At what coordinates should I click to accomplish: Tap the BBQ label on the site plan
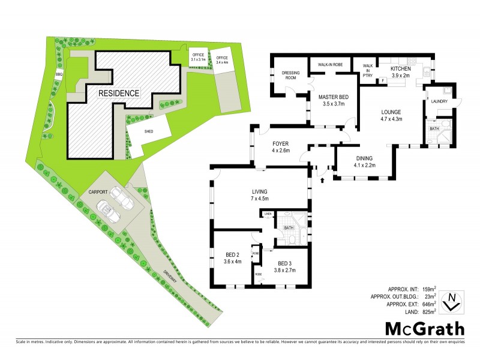[x=59, y=74]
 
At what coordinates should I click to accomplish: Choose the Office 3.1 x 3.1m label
[x=198, y=58]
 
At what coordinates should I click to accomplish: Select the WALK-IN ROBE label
[x=329, y=63]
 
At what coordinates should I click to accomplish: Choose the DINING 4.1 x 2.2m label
[x=364, y=161]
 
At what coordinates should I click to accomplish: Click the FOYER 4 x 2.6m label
[x=281, y=147]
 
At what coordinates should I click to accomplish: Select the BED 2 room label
[x=231, y=257]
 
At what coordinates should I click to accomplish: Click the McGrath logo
[x=424, y=328]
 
